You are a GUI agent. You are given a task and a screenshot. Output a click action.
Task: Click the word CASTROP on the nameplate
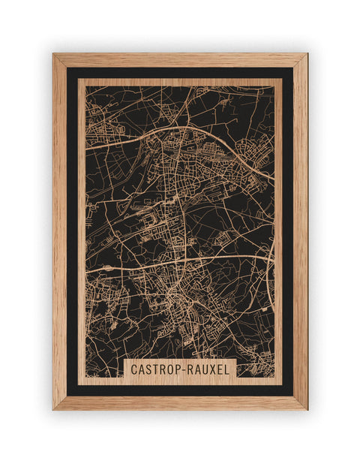tap(153, 369)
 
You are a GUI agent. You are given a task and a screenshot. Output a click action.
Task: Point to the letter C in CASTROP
tap(133, 369)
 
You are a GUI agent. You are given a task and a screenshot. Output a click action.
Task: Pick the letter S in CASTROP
tap(147, 369)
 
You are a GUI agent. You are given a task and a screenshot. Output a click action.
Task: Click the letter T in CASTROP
tap(154, 369)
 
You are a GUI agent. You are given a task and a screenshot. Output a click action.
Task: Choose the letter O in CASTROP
tap(167, 369)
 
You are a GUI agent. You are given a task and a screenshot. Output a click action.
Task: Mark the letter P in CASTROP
tap(174, 369)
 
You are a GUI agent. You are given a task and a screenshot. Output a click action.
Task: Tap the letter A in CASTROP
tap(140, 369)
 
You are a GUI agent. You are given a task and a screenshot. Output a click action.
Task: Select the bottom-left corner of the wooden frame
tap(54, 408)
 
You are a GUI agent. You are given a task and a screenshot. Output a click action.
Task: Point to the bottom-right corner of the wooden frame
tap(306, 408)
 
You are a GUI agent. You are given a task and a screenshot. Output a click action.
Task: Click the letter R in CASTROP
tap(160, 369)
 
